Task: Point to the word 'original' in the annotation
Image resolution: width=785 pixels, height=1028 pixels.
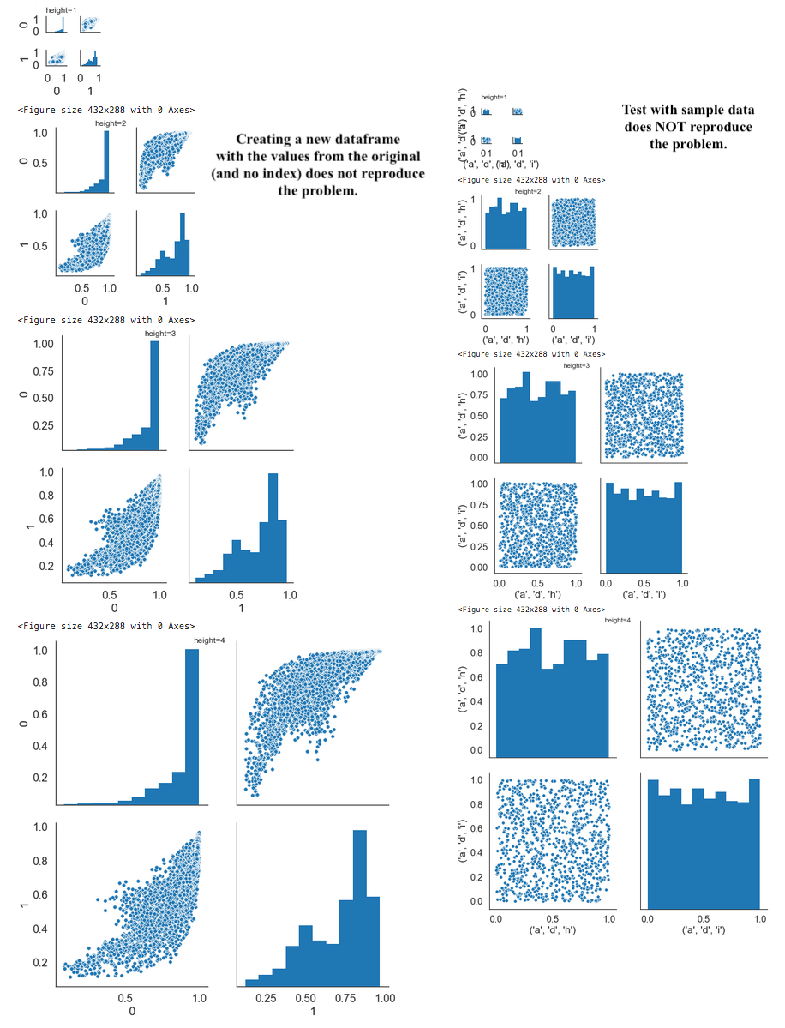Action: pos(390,156)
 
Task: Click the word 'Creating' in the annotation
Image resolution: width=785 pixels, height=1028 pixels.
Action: pos(267,140)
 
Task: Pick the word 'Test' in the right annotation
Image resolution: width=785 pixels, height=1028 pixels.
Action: pos(637,110)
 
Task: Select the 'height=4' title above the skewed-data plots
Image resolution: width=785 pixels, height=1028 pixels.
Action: pos(207,640)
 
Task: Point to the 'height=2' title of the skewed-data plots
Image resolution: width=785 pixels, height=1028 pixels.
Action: pos(110,123)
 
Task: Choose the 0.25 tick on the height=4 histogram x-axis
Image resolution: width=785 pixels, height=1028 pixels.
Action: pos(266,998)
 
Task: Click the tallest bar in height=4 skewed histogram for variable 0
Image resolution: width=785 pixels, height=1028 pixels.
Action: pos(192,727)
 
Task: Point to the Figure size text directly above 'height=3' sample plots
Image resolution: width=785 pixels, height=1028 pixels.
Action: pos(531,353)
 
